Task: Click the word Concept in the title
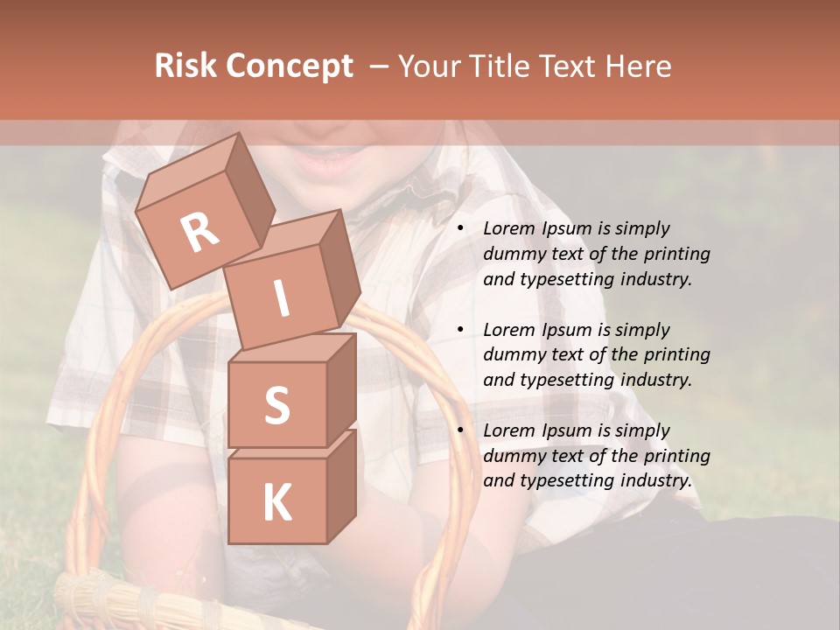pos(289,66)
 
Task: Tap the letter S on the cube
pos(276,405)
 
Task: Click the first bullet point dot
pos(460,229)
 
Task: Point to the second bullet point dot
pos(460,331)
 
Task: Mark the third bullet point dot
pos(460,431)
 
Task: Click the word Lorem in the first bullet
pos(509,228)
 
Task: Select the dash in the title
pos(380,66)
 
